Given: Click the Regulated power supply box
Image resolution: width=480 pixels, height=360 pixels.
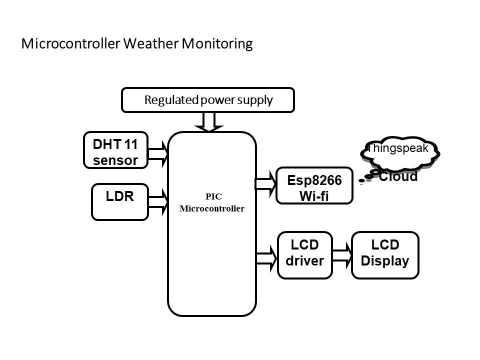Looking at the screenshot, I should (208, 100).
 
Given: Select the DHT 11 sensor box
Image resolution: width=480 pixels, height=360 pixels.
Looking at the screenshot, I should (115, 149).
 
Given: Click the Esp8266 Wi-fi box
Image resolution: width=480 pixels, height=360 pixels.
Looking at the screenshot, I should (314, 185).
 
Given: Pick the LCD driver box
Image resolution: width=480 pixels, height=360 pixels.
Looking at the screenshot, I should (304, 255).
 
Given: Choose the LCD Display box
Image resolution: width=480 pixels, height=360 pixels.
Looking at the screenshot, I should (385, 255).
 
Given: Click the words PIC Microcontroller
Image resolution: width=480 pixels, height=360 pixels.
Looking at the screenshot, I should (211, 202).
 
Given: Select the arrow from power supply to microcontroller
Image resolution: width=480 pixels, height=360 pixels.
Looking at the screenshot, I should (208, 121).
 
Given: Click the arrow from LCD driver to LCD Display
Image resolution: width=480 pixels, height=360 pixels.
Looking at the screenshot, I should (342, 255).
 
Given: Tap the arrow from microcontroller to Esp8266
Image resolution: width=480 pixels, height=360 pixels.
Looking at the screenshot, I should (265, 183).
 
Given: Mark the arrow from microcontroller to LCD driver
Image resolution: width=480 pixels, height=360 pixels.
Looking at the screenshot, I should (266, 258).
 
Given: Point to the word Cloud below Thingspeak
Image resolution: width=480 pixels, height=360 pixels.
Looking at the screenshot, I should (398, 176).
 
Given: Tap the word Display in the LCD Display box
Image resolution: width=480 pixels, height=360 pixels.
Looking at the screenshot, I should (385, 261).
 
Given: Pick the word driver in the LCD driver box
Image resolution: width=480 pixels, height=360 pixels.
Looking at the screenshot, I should (304, 261).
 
